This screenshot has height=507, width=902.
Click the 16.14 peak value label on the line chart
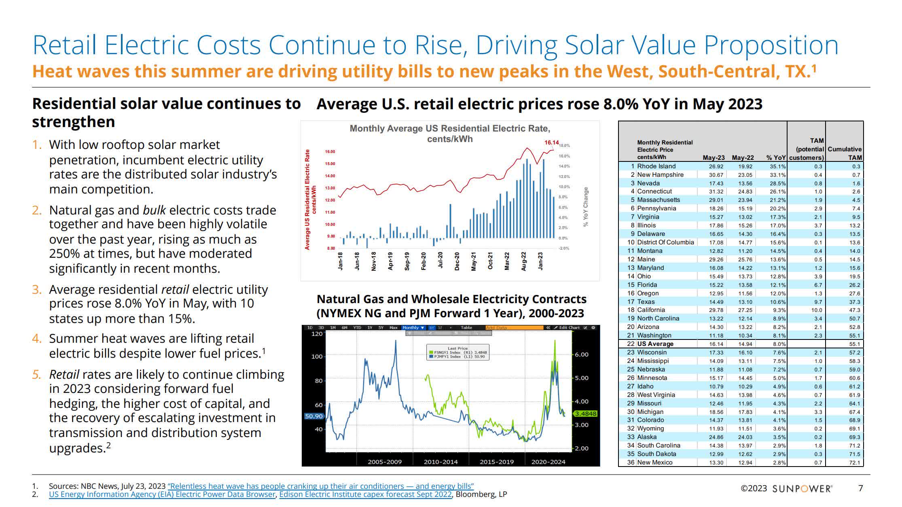pyautogui.click(x=551, y=142)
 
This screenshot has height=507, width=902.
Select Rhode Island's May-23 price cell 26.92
pyautogui.click(x=716, y=166)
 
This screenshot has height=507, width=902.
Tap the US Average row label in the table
pyautogui.click(x=655, y=344)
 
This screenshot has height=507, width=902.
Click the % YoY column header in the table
pyautogui.click(x=776, y=157)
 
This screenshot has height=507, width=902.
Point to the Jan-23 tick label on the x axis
pyautogui.click(x=540, y=261)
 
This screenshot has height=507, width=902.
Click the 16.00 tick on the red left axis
pyautogui.click(x=330, y=152)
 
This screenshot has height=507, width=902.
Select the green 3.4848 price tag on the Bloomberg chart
pyautogui.click(x=585, y=414)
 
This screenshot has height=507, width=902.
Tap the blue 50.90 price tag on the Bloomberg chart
pyautogui.click(x=313, y=416)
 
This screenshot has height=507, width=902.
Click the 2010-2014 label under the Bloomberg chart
pyautogui.click(x=440, y=462)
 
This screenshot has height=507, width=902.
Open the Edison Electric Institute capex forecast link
pyautogui.click(x=365, y=494)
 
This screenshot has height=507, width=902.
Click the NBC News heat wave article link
pyautogui.click(x=320, y=486)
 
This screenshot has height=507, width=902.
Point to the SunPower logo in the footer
pyautogui.click(x=802, y=488)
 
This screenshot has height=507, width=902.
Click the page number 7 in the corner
pyautogui.click(x=861, y=488)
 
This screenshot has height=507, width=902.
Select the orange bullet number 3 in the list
pyautogui.click(x=37, y=290)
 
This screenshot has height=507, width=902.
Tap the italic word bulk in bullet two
pyautogui.click(x=154, y=210)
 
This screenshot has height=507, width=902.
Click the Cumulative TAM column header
pyautogui.click(x=845, y=153)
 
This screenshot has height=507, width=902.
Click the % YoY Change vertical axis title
pyautogui.click(x=586, y=207)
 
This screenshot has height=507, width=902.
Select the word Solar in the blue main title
pyautogui.click(x=592, y=45)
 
